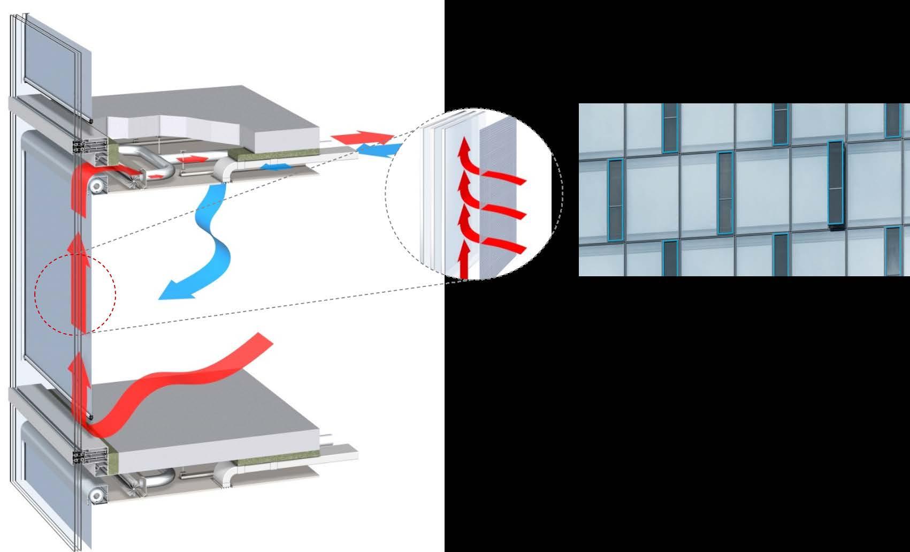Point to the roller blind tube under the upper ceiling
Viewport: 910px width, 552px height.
point(97,186)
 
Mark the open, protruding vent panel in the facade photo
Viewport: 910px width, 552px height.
point(835,183)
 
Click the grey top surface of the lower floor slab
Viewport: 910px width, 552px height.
point(214,412)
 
